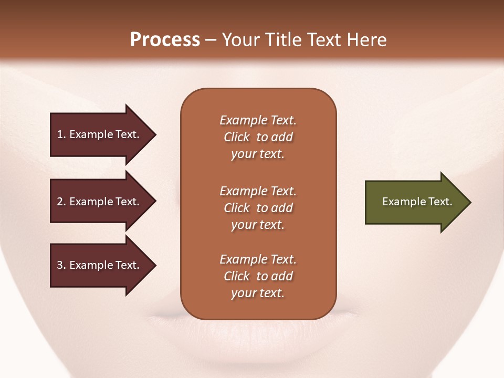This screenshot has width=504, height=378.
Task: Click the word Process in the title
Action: (165, 40)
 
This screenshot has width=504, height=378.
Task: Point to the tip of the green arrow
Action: (470, 202)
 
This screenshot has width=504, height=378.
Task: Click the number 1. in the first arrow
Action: (61, 134)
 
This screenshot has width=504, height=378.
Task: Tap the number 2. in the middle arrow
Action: (61, 202)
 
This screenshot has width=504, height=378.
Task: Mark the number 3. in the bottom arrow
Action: (61, 265)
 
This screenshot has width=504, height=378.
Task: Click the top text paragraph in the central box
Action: (258, 137)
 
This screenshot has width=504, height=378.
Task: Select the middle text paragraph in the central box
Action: (258, 208)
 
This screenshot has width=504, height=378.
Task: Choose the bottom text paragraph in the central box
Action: (258, 276)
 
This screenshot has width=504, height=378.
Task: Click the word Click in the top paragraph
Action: (236, 137)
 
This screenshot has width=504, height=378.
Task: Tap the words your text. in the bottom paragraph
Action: (258, 293)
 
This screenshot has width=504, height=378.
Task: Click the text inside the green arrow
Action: (417, 202)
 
